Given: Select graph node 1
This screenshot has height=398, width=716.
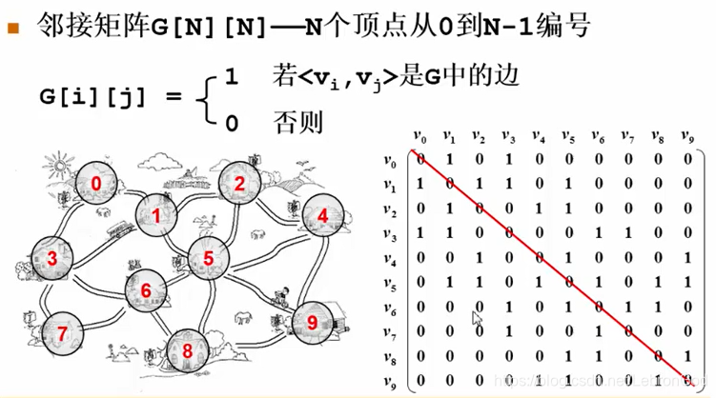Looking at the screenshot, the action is pos(155,216).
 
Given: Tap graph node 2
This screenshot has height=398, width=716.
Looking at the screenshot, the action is pos(240,184).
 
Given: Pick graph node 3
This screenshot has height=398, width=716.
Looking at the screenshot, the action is pos(321,215).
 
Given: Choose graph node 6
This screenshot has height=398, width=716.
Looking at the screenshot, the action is pos(145,289).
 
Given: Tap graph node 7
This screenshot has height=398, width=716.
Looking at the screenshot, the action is pos(62,333).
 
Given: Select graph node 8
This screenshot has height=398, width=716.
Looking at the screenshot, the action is pos(187,351).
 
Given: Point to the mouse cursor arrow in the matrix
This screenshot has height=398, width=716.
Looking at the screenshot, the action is pos(479,319).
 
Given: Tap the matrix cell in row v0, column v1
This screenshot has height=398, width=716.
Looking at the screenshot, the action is pos(451,159).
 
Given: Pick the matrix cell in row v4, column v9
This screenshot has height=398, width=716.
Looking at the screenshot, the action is pos(685,258).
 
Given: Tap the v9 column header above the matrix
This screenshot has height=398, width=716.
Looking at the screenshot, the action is pos(686,137).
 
